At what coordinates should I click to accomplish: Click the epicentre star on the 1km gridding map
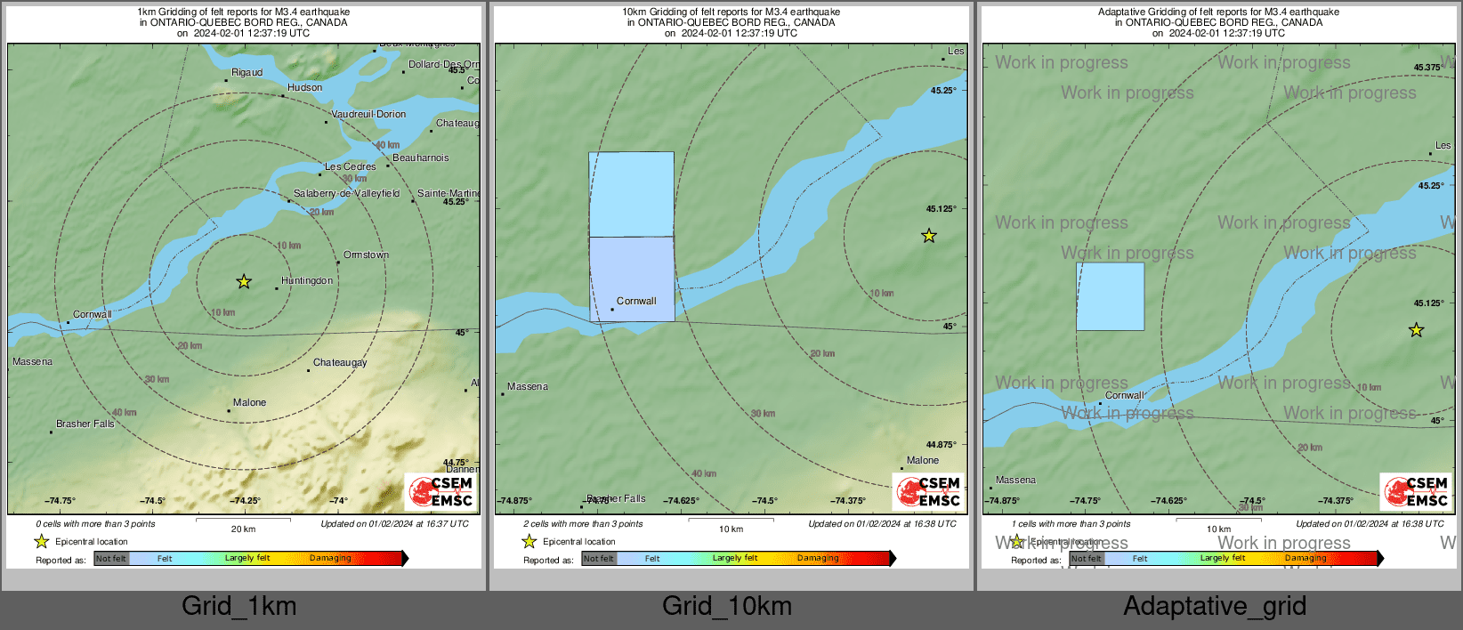click(x=244, y=282)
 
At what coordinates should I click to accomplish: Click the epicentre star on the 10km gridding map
click(x=929, y=236)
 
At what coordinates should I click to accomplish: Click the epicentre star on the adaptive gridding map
click(x=1416, y=330)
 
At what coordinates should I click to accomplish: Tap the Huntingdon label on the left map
click(x=307, y=281)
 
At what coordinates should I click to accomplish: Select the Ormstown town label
click(x=366, y=255)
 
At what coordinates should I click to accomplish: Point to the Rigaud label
click(x=247, y=73)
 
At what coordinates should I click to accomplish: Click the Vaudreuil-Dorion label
click(x=368, y=115)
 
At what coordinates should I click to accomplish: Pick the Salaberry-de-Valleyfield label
click(x=346, y=194)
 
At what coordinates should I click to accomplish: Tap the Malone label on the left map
click(x=249, y=403)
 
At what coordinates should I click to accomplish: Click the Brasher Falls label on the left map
click(x=85, y=424)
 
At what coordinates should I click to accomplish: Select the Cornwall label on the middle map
click(x=636, y=302)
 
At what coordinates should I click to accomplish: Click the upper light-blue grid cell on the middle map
click(x=631, y=194)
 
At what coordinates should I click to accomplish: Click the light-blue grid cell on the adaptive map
click(x=1110, y=296)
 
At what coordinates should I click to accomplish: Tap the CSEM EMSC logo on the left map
click(x=441, y=491)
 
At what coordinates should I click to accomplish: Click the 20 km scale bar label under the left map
click(x=243, y=529)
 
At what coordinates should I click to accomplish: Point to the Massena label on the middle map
click(x=528, y=387)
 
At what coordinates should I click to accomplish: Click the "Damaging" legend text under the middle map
click(x=818, y=559)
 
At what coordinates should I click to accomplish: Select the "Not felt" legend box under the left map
click(x=111, y=559)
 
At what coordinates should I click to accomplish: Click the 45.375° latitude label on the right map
click(x=1427, y=68)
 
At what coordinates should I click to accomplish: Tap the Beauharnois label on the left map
click(x=421, y=158)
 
